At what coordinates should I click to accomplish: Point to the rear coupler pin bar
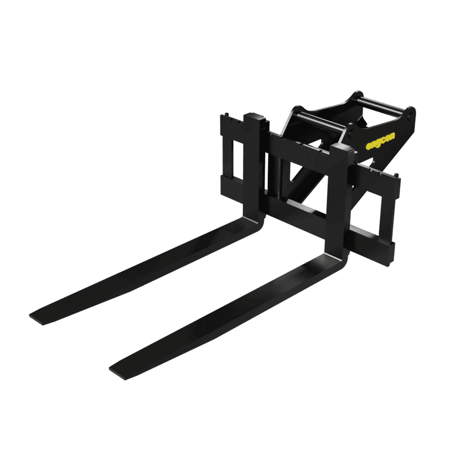pyautogui.click(x=383, y=105)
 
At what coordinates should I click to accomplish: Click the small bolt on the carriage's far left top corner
pyautogui.click(x=226, y=114)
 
